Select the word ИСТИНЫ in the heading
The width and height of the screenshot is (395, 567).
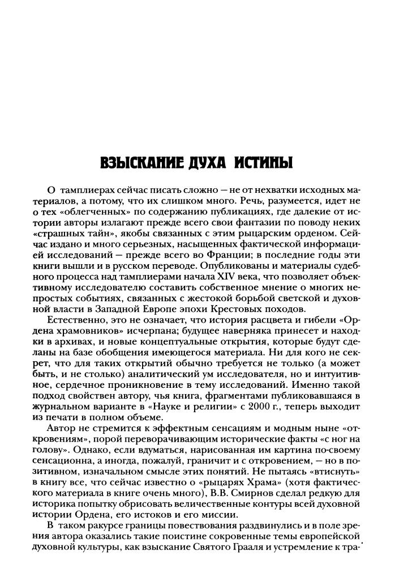[264, 165]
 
